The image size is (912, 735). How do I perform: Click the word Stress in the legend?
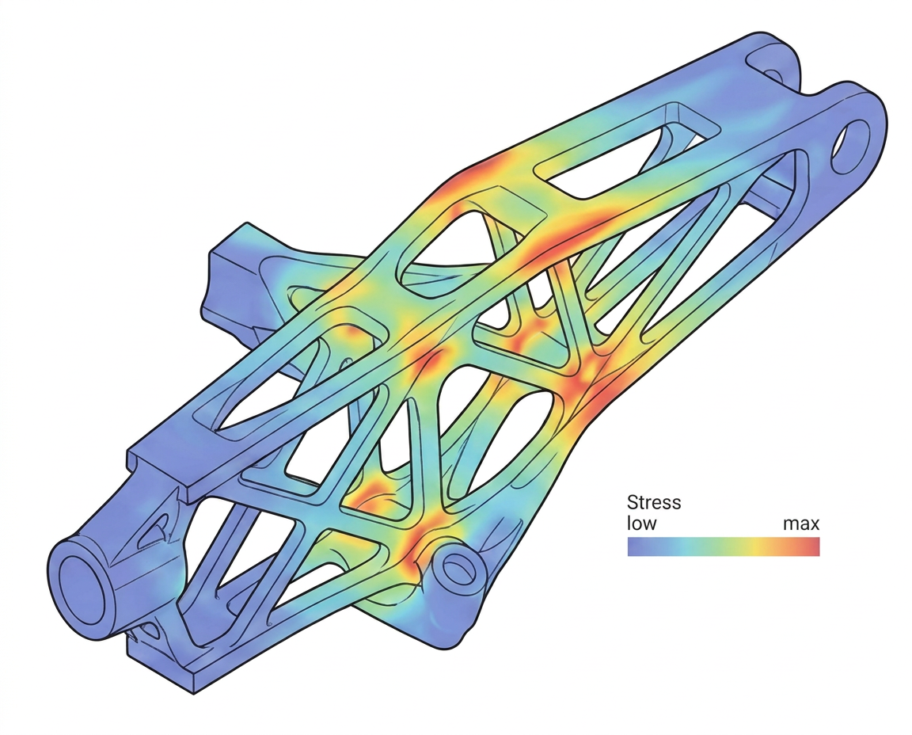654,501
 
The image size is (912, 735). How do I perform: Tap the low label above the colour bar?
641,524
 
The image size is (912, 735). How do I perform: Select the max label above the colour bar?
801,524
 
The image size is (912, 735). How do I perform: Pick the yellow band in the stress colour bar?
755,546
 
